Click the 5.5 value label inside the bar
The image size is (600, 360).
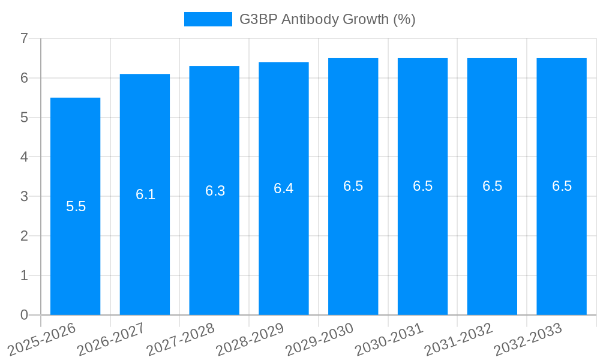(x=76, y=206)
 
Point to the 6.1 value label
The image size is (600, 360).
(x=145, y=194)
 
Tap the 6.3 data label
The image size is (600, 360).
(x=215, y=191)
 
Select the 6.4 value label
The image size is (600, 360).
(x=284, y=188)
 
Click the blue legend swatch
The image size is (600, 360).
(x=208, y=19)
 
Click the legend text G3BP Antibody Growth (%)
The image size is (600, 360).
(x=327, y=19)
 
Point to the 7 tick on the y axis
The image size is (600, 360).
(x=24, y=38)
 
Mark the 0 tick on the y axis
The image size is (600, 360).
(x=24, y=315)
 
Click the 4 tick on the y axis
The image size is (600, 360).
(x=24, y=157)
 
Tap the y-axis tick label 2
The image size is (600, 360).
(x=24, y=236)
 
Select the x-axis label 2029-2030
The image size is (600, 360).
(x=320, y=339)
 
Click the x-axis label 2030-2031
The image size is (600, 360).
(x=389, y=339)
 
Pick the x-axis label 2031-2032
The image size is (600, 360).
(x=459, y=339)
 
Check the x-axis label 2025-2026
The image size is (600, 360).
(x=42, y=339)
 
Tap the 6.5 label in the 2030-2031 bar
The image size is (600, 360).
(x=422, y=186)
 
